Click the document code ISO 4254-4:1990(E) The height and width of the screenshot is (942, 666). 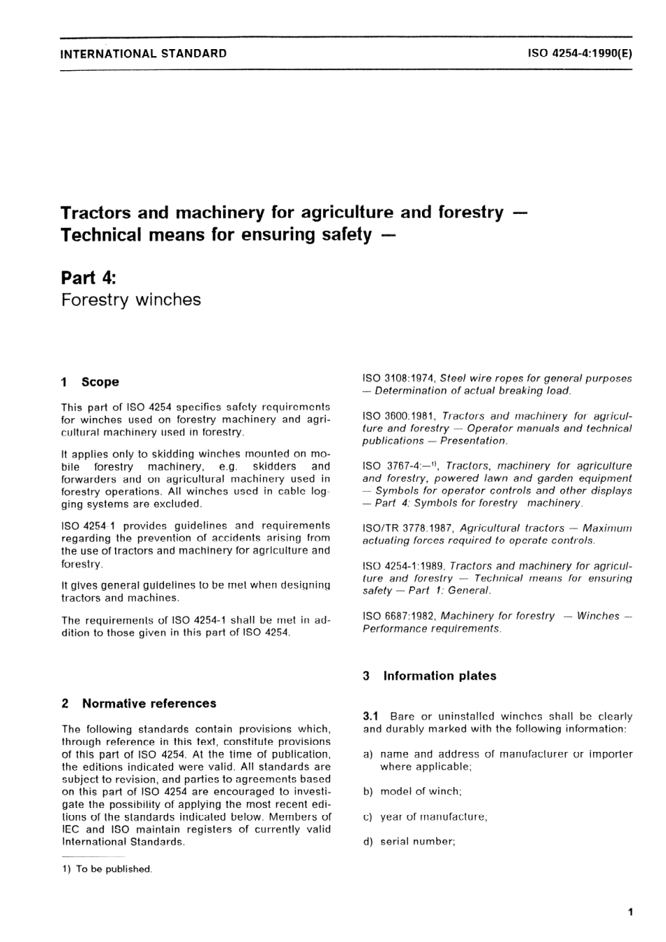click(x=580, y=53)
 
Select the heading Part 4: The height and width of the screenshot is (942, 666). click(x=88, y=278)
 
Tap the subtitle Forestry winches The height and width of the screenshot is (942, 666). click(x=130, y=300)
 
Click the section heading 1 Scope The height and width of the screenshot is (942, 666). click(x=90, y=382)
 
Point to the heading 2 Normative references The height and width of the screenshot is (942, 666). click(x=139, y=704)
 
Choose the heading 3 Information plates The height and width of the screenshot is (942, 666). click(x=429, y=676)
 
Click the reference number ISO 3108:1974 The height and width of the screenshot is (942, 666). click(x=398, y=379)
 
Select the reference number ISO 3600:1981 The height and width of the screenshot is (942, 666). click(x=398, y=416)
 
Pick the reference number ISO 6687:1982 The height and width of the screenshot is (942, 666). click(x=398, y=616)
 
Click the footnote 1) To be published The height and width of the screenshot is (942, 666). click(x=107, y=869)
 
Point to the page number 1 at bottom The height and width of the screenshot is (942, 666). click(x=631, y=913)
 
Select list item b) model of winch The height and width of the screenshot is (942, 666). click(x=412, y=791)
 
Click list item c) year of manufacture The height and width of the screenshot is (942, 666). click(x=425, y=816)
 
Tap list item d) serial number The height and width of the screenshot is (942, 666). click(x=409, y=841)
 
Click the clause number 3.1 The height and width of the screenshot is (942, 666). click(x=371, y=717)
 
